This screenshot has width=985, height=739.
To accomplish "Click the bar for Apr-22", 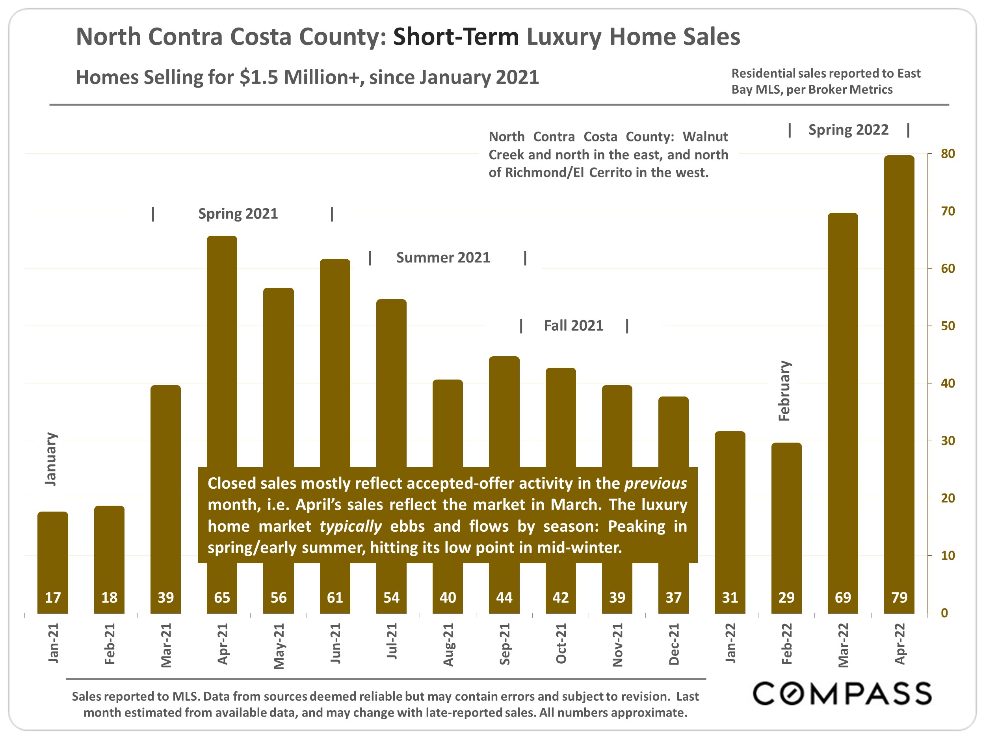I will coord(899,383).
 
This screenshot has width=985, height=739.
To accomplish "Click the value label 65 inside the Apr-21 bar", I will coord(222,598).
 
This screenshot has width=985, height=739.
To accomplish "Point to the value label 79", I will coord(899,598).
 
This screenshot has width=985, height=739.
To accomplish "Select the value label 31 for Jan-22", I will coord(730,598).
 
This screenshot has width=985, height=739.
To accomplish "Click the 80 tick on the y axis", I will coord(948,154).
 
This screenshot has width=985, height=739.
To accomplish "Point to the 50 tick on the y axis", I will coord(948,326).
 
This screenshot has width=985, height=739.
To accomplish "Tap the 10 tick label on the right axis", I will coord(948,555).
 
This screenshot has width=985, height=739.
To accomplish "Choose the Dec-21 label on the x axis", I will coord(674,644).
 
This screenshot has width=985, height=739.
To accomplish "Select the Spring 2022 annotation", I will coord(848,130).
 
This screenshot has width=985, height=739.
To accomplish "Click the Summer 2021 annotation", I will coord(443,257).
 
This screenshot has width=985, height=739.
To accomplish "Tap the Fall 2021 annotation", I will coord(574,326).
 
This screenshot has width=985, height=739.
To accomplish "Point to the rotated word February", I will coord(784,391).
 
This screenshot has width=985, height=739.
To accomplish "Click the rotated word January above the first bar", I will coord(51,459).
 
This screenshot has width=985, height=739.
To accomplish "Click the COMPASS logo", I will coord(842,694).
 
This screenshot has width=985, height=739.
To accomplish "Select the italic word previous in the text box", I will coord(656,483).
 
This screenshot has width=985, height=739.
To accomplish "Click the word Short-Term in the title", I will coord(455,37).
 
